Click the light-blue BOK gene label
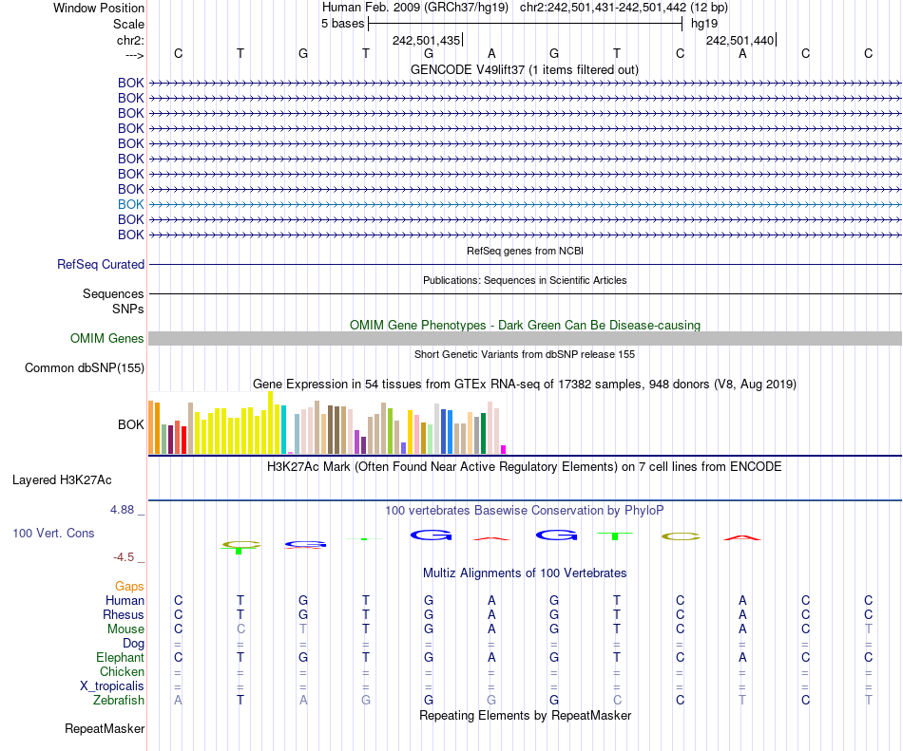click(131, 204)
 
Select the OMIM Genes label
click(107, 339)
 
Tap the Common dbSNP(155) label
click(85, 368)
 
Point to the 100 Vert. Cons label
click(53, 534)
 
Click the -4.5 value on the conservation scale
click(127, 557)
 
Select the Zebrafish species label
click(119, 700)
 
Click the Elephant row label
click(120, 657)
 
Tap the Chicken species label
click(122, 671)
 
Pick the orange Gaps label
click(129, 586)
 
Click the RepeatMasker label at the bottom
click(105, 729)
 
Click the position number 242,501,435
click(427, 41)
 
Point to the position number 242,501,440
click(740, 41)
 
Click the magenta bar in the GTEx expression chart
click(504, 449)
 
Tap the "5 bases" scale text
click(342, 23)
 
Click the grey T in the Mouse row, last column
click(868, 629)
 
